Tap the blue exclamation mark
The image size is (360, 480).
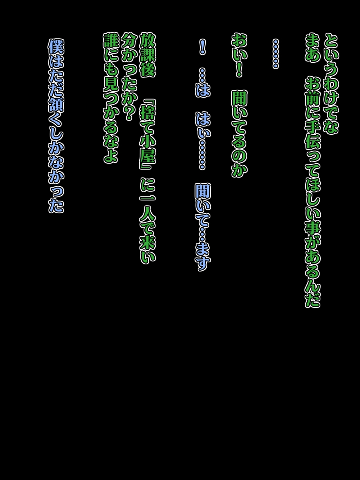coord(203,47)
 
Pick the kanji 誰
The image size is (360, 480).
coord(111,40)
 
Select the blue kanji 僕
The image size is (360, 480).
coord(56,47)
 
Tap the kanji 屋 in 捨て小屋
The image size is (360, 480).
coord(148,156)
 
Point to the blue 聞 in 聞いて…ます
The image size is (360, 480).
coord(203,192)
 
